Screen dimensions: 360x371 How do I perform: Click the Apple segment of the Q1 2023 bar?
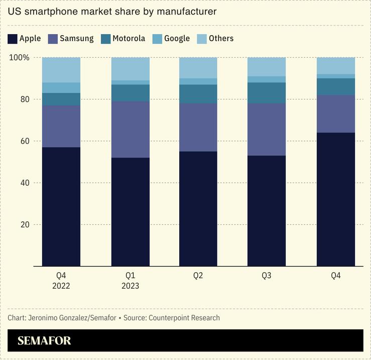(x=130, y=211)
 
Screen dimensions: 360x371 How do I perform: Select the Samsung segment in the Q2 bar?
(x=198, y=128)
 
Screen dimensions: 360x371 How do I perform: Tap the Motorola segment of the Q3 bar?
(x=267, y=93)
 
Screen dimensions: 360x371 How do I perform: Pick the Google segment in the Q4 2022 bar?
(x=61, y=88)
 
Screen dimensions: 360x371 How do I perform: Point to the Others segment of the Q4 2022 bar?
(x=61, y=70)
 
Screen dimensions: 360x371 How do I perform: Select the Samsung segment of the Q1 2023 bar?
(x=130, y=130)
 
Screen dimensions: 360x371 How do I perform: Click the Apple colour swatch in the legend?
(x=13, y=39)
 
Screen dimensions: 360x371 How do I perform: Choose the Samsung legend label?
(x=76, y=39)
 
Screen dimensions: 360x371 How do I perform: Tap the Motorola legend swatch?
(x=105, y=39)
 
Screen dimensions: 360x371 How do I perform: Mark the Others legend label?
(x=221, y=39)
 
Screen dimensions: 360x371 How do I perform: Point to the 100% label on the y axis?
(x=19, y=58)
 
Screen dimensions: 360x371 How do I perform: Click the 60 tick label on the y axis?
(x=24, y=141)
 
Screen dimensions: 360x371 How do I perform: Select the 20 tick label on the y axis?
(x=24, y=224)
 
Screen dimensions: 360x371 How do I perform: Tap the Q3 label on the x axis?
(x=267, y=276)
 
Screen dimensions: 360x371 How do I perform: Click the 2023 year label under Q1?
(x=130, y=286)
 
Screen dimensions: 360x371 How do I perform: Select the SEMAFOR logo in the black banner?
(x=44, y=341)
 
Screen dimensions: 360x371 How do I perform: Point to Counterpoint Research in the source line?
(x=184, y=318)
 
